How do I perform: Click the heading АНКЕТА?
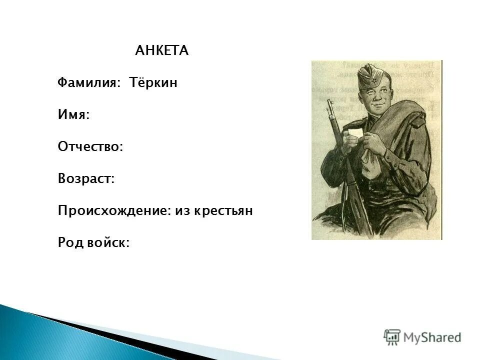[161, 51]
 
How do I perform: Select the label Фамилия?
[89, 83]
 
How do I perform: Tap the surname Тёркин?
[154, 83]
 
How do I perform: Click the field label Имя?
[73, 115]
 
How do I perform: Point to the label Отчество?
[90, 147]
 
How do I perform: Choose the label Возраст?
[86, 179]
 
